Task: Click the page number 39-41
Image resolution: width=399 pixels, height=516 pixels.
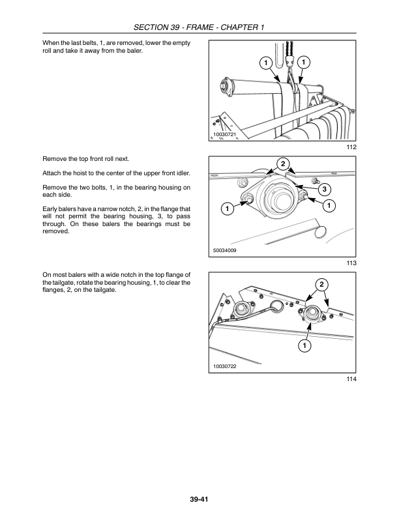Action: pos(199,499)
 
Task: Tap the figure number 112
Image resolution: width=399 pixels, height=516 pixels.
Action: pos(351,147)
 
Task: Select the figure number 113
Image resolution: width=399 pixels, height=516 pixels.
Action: pos(351,263)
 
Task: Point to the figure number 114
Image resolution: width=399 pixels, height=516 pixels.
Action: pos(351,379)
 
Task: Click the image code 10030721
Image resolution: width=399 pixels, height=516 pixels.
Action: pos(225,134)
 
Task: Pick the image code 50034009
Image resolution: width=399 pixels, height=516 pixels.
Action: pos(225,250)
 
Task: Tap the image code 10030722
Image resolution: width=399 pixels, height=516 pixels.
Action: pos(225,366)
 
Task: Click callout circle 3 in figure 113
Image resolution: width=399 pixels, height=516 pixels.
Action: pos(325,189)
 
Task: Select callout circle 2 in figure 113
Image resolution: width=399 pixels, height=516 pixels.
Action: pos(283,164)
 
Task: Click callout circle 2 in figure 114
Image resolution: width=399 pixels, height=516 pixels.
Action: pos(321,284)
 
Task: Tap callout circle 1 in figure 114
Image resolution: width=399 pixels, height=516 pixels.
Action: pos(304,345)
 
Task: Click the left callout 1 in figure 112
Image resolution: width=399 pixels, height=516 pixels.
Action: pos(265,63)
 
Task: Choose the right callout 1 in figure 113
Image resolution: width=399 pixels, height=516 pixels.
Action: pos(329,206)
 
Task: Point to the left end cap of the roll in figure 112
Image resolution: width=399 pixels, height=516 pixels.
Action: pos(226,86)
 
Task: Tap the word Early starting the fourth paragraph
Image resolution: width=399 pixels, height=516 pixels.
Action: pos(50,209)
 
